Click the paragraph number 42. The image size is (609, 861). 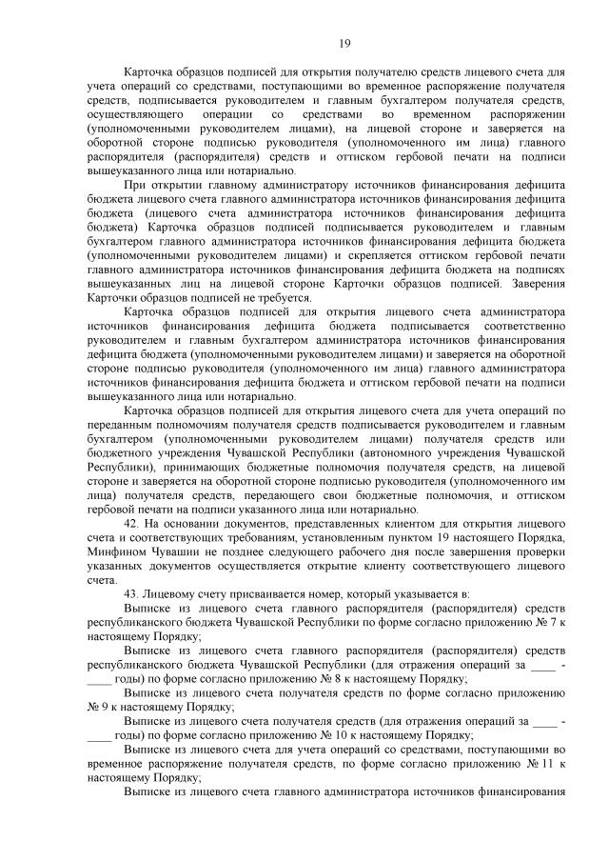pos(133,525)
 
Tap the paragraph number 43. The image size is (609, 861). pos(133,593)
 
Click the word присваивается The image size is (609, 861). pos(254,593)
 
